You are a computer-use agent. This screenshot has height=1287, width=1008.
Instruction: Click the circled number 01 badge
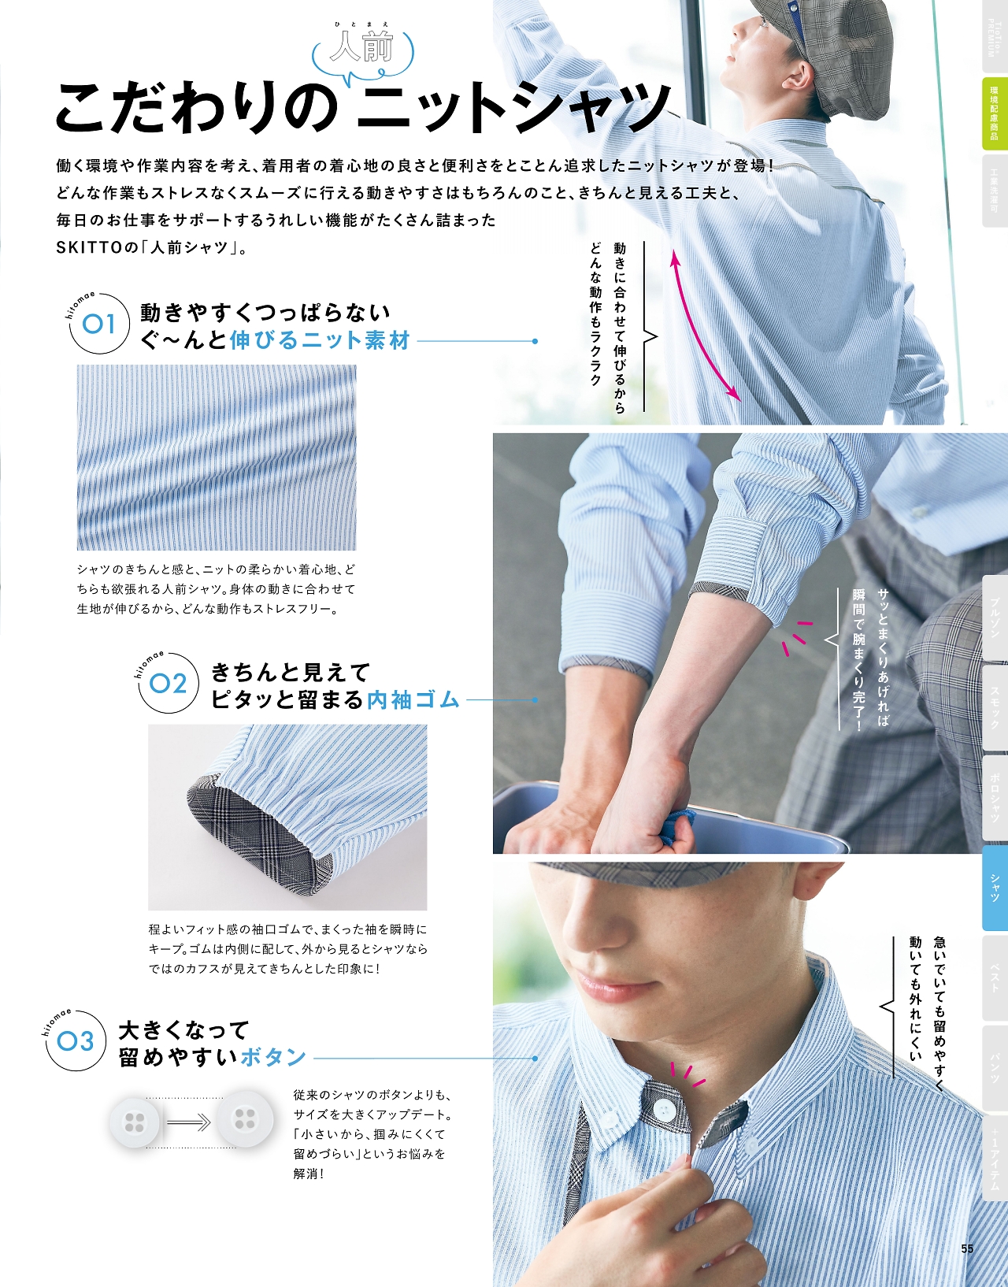coord(99,324)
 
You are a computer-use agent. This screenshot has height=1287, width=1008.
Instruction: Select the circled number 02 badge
coord(169,684)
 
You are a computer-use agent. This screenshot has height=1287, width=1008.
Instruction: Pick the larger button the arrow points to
coord(244,1119)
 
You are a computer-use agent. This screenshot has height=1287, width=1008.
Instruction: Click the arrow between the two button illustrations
coord(187,1121)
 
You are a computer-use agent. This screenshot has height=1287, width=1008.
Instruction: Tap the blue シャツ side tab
coord(995,888)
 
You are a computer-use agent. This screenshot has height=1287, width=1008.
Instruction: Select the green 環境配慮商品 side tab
coord(995,113)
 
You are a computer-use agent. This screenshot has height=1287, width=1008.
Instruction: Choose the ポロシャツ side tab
coord(995,797)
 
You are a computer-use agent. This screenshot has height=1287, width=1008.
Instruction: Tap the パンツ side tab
coord(995,1069)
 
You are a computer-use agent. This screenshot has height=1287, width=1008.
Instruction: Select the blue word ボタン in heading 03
coord(272,1057)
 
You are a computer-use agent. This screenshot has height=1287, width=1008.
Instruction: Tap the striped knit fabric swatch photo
coord(217,458)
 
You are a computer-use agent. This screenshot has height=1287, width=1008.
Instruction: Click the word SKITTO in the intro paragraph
coord(89,247)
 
